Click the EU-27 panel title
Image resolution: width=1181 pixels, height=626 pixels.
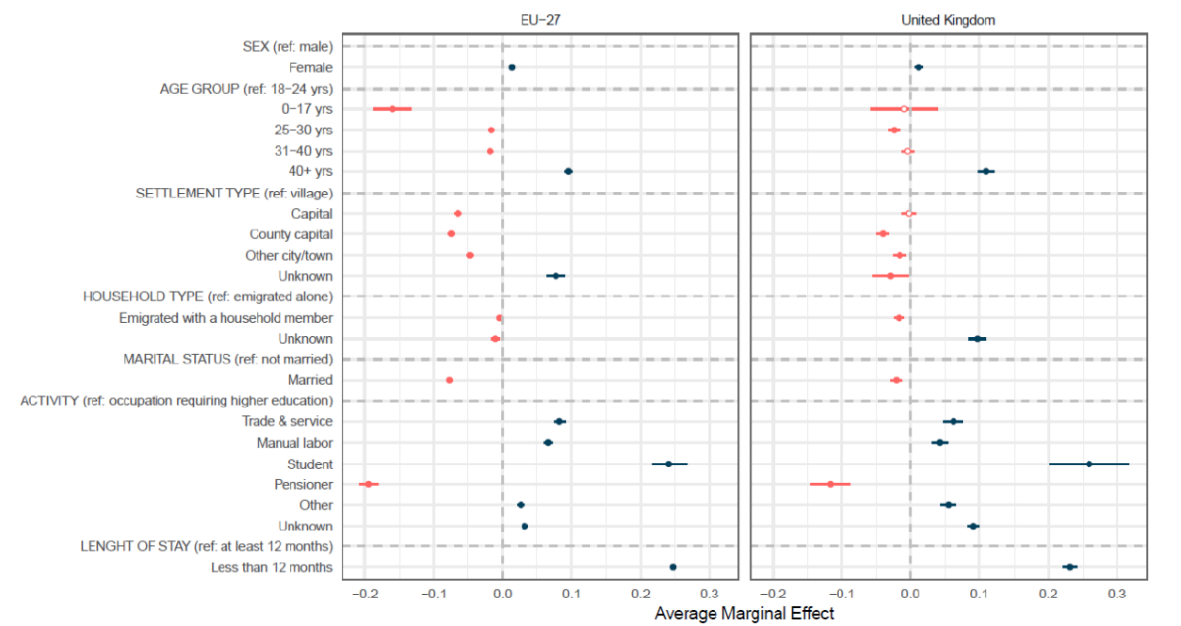[x=543, y=20]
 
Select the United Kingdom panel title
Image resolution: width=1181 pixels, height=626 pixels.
[x=949, y=20]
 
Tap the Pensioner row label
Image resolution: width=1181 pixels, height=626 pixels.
[x=303, y=484]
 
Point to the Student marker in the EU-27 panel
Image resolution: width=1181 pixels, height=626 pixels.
[x=669, y=464]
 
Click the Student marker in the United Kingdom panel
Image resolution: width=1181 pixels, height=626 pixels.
[x=1088, y=464]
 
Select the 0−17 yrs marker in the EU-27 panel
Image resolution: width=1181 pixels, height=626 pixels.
[x=392, y=109]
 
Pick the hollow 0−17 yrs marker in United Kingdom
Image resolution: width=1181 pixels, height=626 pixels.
[x=904, y=109]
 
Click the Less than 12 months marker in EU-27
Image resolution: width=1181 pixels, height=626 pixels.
[x=673, y=567]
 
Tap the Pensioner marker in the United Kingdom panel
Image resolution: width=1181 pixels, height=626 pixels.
[x=830, y=484]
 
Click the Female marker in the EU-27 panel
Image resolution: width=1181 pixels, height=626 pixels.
[x=511, y=67]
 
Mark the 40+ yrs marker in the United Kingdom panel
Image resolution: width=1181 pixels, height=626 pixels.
[x=986, y=171]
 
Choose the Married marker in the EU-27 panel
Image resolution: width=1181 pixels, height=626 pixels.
[x=449, y=380]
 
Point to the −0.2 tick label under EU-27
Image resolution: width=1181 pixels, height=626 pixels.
[x=364, y=594]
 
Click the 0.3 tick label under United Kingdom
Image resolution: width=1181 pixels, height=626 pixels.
[x=1116, y=594]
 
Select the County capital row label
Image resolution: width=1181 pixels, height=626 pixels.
[x=290, y=234]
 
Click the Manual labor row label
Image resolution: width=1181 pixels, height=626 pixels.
[x=294, y=443]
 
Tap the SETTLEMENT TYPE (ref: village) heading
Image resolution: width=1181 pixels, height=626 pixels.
[x=233, y=193]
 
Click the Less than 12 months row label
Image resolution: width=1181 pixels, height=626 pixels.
[x=271, y=568]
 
